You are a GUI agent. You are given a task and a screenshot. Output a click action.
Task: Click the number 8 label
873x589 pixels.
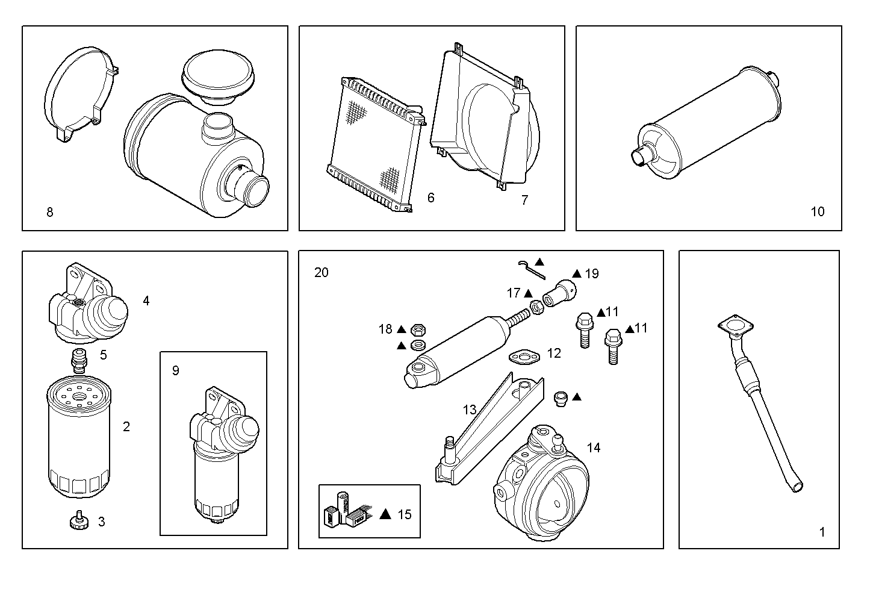(49, 212)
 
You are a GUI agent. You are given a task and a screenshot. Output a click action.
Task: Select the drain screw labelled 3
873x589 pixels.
(78, 521)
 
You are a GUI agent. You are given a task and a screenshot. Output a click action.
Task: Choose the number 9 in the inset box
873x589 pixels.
(175, 370)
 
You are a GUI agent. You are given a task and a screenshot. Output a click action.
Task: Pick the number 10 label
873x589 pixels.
(817, 211)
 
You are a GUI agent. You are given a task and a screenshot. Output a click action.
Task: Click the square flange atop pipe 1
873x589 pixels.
(735, 328)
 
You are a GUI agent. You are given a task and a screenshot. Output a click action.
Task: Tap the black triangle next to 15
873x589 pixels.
(386, 514)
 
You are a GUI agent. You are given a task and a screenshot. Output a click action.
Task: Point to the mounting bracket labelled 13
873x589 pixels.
(488, 428)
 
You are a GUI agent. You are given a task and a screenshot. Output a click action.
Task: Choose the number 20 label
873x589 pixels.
(322, 272)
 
